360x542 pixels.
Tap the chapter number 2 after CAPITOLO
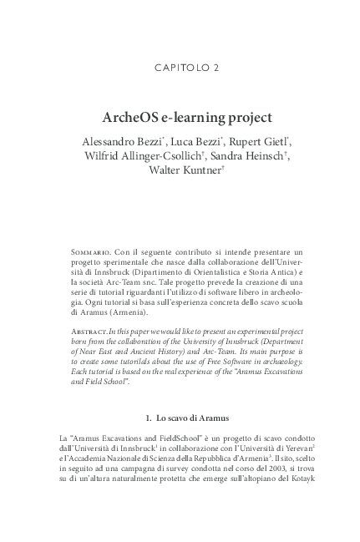click(x=216, y=66)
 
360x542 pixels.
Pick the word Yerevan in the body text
click(x=281, y=448)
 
